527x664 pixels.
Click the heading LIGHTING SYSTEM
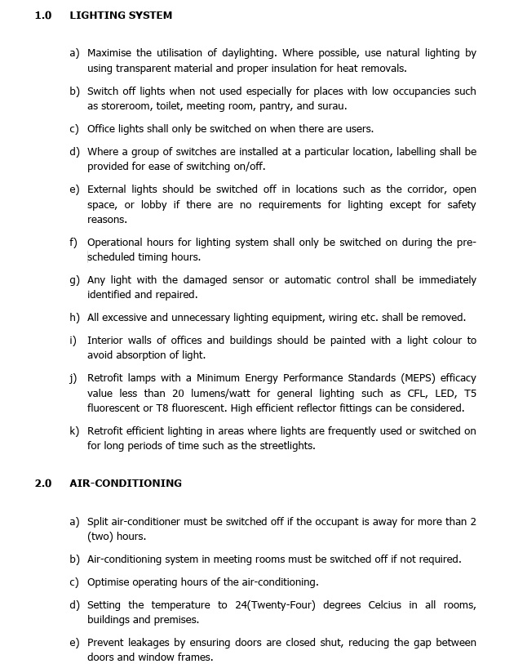click(x=121, y=16)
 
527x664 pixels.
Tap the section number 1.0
click(x=42, y=16)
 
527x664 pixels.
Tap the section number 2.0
click(x=42, y=484)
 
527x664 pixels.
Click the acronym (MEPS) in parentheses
click(x=423, y=378)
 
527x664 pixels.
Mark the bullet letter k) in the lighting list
click(x=74, y=430)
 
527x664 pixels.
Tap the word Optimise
click(x=110, y=582)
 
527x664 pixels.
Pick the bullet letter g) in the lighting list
click(x=74, y=280)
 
